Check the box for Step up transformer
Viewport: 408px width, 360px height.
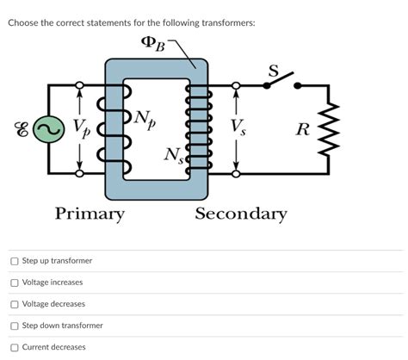point(15,261)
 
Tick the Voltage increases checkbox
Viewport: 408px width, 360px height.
point(15,282)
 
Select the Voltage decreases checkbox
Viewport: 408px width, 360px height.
point(15,304)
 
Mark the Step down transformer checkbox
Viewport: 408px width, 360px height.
point(15,326)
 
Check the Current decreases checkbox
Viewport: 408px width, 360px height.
point(15,347)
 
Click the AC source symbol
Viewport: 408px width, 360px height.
point(49,129)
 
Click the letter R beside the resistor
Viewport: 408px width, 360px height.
point(301,131)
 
